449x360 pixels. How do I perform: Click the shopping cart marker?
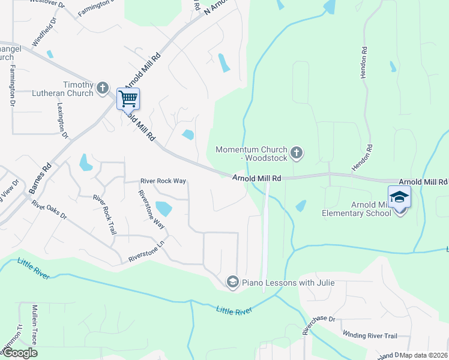[128, 98]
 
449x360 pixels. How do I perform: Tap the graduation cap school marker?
[399, 197]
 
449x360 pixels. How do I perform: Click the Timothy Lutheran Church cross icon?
[102, 88]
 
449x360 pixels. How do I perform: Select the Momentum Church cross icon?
[296, 153]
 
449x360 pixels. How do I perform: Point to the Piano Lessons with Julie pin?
[232, 282]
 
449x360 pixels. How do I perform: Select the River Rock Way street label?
[163, 181]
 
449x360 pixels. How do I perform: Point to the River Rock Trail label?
[104, 214]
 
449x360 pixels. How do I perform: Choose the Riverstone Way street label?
[151, 209]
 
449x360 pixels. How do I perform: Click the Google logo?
[20, 353]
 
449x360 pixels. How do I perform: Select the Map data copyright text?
[424, 355]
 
